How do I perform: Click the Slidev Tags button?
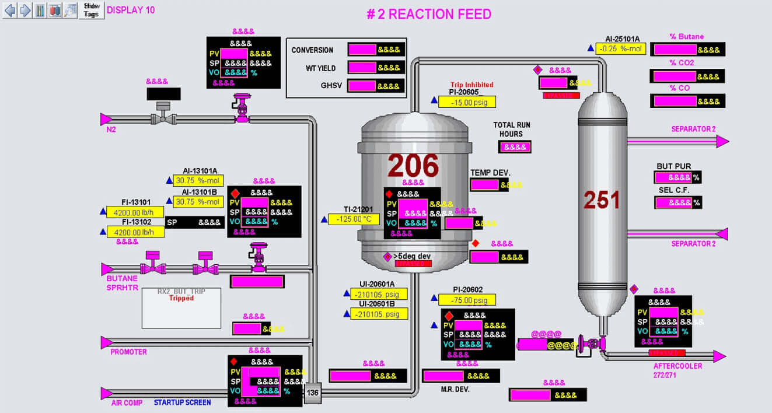pos(92,10)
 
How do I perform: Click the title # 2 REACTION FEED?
pos(428,14)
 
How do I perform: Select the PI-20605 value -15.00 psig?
pos(467,102)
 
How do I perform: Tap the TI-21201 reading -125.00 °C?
pos(354,219)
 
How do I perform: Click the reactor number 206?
pos(413,166)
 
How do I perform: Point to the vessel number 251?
pos(602,199)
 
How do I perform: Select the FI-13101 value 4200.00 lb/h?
pos(135,212)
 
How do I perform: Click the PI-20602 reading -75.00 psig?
pos(467,300)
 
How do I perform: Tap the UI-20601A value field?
pos(379,295)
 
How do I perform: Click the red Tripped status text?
pos(181,298)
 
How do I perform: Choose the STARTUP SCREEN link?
pos(182,402)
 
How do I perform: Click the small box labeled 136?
pos(313,393)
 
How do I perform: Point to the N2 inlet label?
pos(111,129)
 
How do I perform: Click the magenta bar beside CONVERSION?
pos(362,50)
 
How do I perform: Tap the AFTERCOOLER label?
pos(677,366)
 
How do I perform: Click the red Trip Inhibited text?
pos(471,85)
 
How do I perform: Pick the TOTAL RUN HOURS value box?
pos(515,147)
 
